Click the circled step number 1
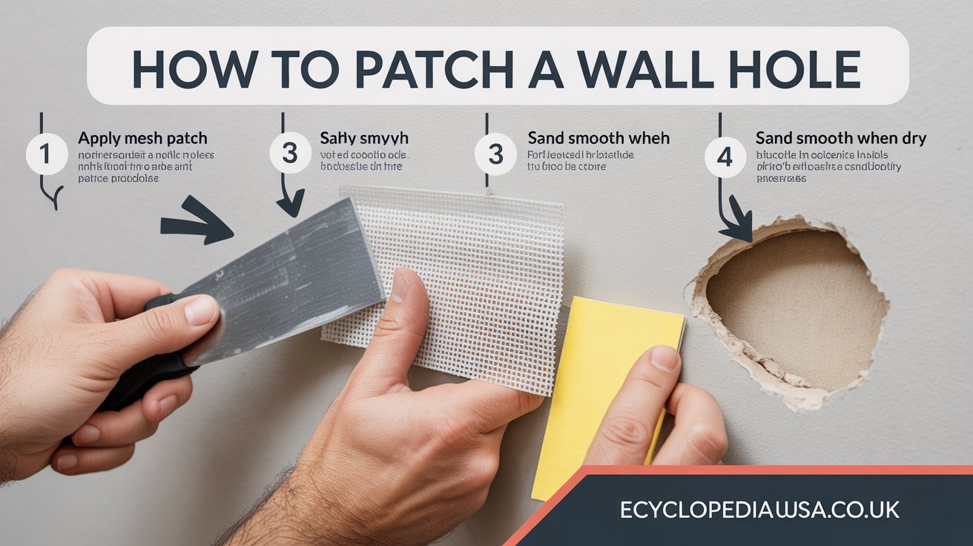coord(45,154)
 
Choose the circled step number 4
coord(724,157)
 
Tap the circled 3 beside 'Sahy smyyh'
coord(290,154)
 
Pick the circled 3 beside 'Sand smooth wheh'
coord(495,154)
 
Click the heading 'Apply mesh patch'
coord(142,138)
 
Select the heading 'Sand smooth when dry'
coord(840,138)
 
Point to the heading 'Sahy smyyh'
coord(364,138)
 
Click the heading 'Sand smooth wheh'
coord(598,138)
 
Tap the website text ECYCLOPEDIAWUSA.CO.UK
coord(759,510)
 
